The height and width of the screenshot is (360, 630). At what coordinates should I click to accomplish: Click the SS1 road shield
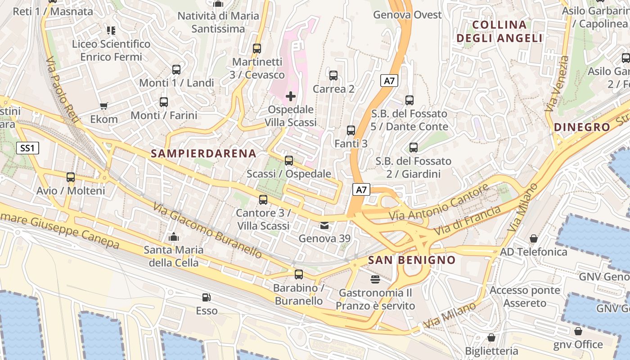(28, 148)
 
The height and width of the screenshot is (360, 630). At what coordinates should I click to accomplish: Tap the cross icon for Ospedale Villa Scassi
(291, 96)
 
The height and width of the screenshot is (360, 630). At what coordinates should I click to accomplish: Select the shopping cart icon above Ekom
(104, 106)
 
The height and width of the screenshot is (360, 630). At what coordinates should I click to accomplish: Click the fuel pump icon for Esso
(207, 297)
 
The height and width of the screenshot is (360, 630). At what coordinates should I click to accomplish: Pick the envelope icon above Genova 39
(324, 225)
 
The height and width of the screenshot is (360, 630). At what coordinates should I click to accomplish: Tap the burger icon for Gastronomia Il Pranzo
(375, 279)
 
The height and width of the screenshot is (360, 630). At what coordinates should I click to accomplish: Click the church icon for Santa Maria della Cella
(173, 237)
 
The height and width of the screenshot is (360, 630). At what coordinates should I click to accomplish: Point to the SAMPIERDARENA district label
(203, 153)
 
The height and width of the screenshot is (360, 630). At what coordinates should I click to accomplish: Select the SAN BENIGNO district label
(412, 260)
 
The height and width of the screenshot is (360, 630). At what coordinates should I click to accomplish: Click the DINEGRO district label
(582, 127)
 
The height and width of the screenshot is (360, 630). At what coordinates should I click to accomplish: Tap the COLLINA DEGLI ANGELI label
(499, 31)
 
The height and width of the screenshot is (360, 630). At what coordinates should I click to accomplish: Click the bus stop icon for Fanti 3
(351, 130)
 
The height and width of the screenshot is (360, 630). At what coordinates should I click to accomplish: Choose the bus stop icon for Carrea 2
(333, 76)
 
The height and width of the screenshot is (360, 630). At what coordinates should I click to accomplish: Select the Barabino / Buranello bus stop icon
(298, 274)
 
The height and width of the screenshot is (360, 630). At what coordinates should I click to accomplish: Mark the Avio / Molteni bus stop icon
(71, 177)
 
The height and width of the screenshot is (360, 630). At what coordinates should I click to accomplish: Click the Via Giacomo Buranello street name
(207, 230)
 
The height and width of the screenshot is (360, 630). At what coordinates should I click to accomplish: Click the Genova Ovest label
(407, 15)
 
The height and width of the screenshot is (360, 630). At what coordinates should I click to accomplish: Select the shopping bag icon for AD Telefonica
(533, 238)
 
